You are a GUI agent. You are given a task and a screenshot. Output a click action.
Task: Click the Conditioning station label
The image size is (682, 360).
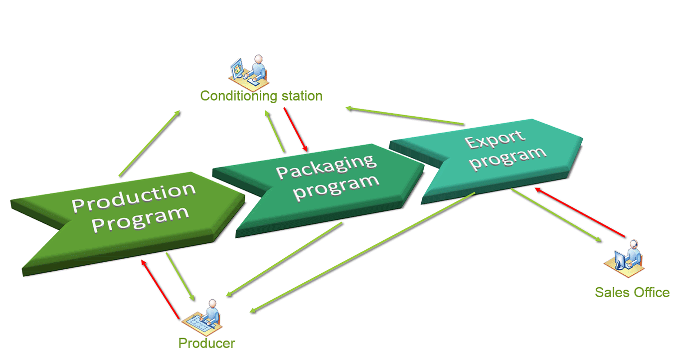pyautogui.click(x=261, y=96)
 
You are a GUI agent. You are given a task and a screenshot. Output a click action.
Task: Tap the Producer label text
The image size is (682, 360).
pyautogui.click(x=207, y=343)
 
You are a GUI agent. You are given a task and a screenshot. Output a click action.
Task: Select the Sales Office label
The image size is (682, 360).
pyautogui.click(x=632, y=292)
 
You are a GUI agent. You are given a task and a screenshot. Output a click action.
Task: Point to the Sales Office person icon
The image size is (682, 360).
pyautogui.click(x=624, y=259)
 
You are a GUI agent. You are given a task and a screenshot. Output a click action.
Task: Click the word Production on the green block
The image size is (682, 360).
pyautogui.click(x=134, y=197)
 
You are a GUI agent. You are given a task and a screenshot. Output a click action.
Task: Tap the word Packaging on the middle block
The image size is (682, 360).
pyautogui.click(x=326, y=167)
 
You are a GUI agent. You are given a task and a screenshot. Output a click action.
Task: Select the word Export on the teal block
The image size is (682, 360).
pyautogui.click(x=495, y=139)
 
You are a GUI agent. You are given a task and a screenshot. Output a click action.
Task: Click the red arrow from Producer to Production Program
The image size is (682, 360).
pyautogui.click(x=160, y=289)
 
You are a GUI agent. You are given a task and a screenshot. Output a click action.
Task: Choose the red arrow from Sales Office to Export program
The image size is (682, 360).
pyautogui.click(x=580, y=212)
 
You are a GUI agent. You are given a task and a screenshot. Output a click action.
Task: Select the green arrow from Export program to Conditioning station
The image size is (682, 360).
pyautogui.click(x=405, y=116)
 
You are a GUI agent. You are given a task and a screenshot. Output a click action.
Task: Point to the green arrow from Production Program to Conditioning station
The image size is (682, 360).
pyautogui.click(x=150, y=144)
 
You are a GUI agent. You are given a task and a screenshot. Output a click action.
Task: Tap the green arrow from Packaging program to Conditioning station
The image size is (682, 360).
pyautogui.click(x=275, y=131)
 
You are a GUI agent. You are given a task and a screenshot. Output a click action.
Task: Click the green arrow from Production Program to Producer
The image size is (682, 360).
pyautogui.click(x=180, y=277)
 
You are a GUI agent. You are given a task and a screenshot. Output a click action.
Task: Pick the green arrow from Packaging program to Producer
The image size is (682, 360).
pyautogui.click(x=284, y=259)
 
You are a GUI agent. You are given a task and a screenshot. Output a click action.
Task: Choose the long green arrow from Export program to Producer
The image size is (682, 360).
pyautogui.click(x=362, y=252)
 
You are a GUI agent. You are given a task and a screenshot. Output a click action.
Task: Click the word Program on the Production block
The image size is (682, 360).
pyautogui.click(x=141, y=219)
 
